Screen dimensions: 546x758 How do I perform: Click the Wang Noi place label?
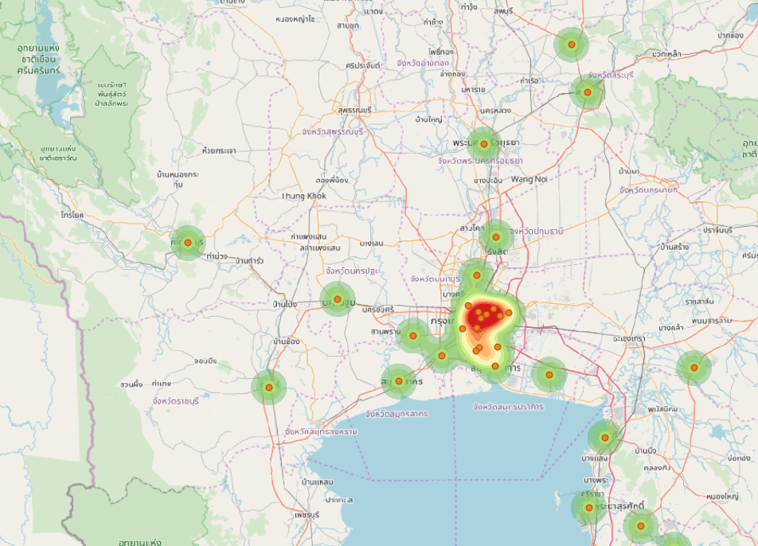[x=529, y=179]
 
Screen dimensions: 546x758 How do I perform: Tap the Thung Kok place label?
[x=304, y=196]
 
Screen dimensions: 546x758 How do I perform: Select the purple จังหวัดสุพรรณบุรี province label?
[x=332, y=132]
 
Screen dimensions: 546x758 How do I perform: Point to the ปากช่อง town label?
[x=729, y=36]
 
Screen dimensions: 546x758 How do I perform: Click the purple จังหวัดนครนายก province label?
[x=648, y=190]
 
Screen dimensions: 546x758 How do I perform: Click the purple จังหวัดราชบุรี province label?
[x=177, y=401]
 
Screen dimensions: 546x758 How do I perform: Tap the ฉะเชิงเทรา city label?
[x=630, y=339]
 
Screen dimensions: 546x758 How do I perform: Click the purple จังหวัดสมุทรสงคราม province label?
[x=322, y=431]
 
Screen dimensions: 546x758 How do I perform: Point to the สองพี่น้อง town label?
[x=332, y=180]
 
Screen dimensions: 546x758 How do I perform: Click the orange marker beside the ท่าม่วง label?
[x=188, y=243]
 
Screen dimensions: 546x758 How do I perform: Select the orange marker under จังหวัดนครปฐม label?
[x=338, y=299]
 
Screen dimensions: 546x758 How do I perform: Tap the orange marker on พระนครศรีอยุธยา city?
[x=483, y=144]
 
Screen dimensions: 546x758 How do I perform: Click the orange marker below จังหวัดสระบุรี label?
[x=587, y=92]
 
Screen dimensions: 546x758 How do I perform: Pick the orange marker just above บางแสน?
[x=605, y=438]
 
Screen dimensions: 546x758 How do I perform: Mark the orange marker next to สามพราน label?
[x=413, y=336]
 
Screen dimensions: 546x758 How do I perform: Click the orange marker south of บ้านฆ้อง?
[x=269, y=388]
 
